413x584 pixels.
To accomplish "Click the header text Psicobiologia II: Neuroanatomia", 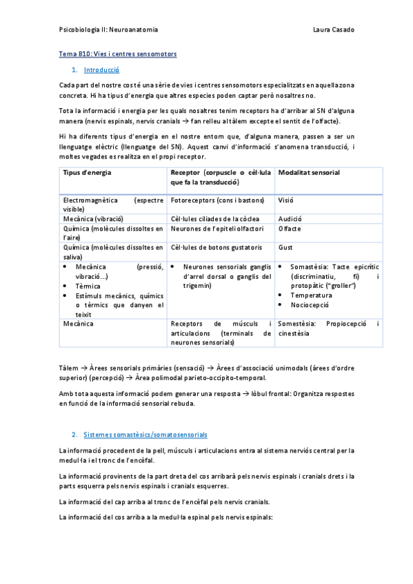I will (108, 30).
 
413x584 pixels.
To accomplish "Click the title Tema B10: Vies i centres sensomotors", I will (117, 54).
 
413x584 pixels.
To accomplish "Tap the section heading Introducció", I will (101, 70).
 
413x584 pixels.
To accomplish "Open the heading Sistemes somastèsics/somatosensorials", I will (145, 435).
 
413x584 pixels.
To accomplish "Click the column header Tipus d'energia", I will (87, 172).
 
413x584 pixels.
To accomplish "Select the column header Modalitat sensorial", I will (308, 172).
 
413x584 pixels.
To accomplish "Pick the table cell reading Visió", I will (285, 200).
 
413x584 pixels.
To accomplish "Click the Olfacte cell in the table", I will (290, 228).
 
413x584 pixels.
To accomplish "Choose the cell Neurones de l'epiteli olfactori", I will (216, 228).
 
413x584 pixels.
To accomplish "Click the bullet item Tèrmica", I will (88, 286).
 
